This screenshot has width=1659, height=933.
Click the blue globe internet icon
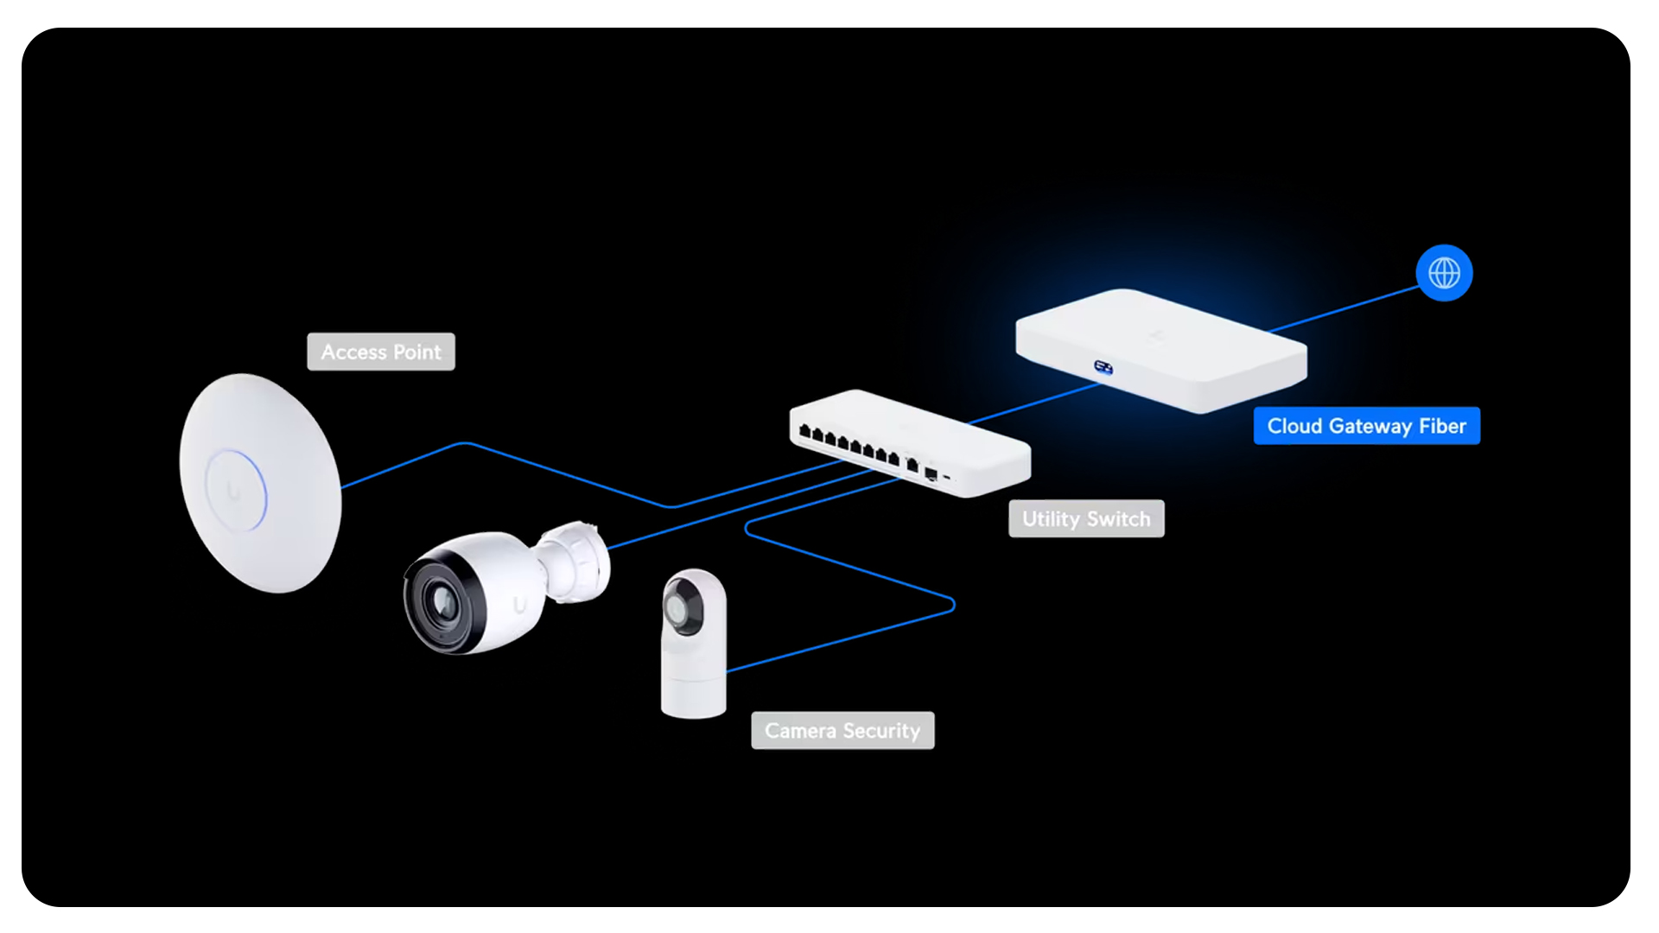point(1444,273)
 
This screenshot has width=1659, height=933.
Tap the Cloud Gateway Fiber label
point(1366,426)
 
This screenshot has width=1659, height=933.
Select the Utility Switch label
point(1086,519)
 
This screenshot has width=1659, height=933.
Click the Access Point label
point(380,352)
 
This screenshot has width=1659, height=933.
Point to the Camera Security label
point(842,731)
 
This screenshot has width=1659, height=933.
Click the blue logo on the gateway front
point(1103,368)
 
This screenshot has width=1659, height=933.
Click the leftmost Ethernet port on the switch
point(804,430)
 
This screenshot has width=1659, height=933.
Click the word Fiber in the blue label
point(1442,426)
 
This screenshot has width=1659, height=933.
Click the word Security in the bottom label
point(881,731)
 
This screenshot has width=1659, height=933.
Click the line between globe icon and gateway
point(1348,309)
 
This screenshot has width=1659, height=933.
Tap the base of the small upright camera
point(693,696)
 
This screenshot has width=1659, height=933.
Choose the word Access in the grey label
point(353,352)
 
